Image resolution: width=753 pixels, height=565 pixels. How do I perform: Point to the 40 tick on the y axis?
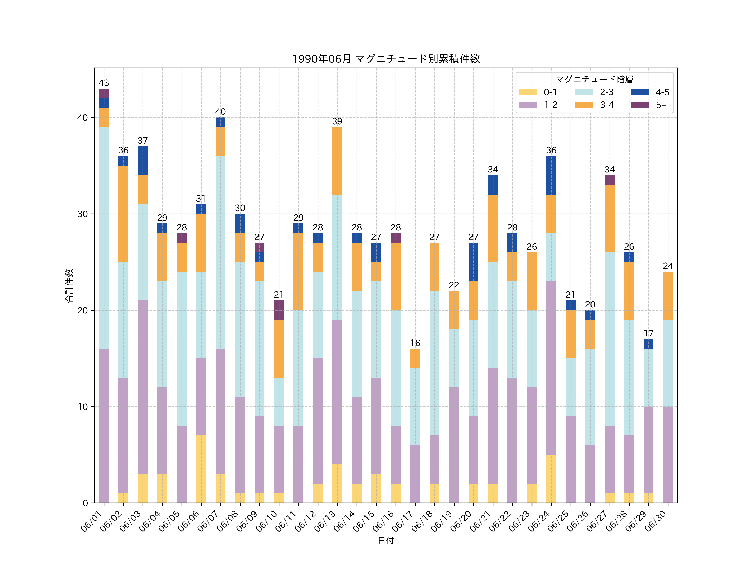pyautogui.click(x=83, y=118)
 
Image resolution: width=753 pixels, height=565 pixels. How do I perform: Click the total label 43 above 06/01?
pyautogui.click(x=104, y=83)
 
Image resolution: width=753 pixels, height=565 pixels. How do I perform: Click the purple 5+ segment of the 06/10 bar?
pyautogui.click(x=279, y=310)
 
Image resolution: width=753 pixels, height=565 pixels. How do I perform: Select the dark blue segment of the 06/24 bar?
pyautogui.click(x=551, y=175)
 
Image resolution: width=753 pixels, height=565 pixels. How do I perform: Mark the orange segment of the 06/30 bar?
pyautogui.click(x=668, y=296)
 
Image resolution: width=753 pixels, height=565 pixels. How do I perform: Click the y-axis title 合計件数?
pyautogui.click(x=69, y=285)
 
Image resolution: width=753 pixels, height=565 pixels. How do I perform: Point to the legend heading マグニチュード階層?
pyautogui.click(x=594, y=79)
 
